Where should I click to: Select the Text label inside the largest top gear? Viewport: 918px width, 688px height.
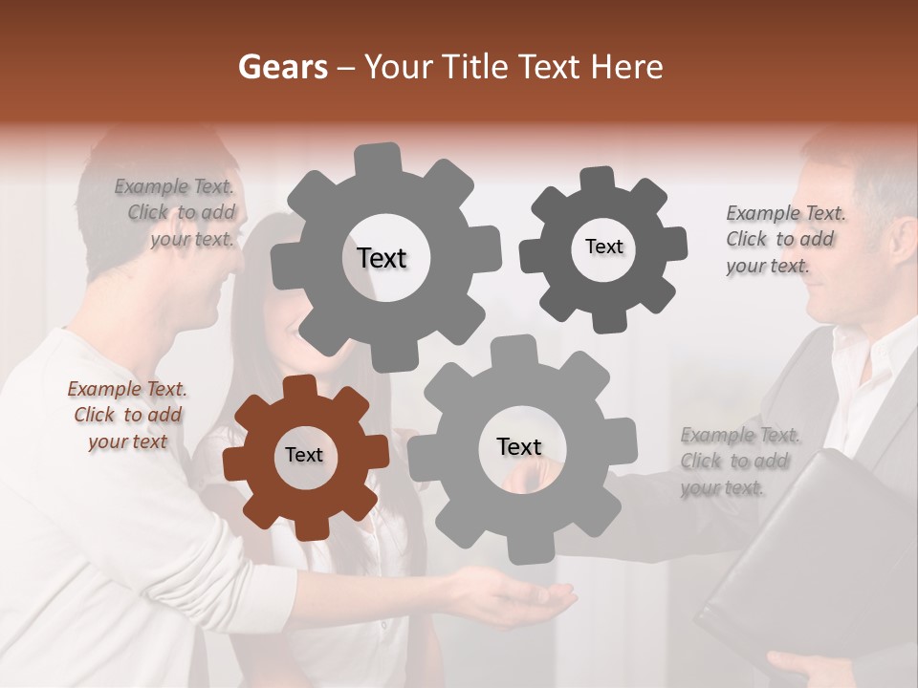coord(382,258)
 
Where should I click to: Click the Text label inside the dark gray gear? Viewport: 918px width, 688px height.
coord(603,247)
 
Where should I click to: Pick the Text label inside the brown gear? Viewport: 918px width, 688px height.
coord(304,455)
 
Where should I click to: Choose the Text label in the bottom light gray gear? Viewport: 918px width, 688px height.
coord(519,446)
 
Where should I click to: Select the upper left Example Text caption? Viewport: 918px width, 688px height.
coord(177,213)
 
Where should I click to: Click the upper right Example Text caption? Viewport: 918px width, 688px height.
coord(785,239)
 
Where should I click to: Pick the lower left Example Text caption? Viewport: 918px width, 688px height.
coord(128,415)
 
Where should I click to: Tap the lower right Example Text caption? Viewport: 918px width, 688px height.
coord(739,462)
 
